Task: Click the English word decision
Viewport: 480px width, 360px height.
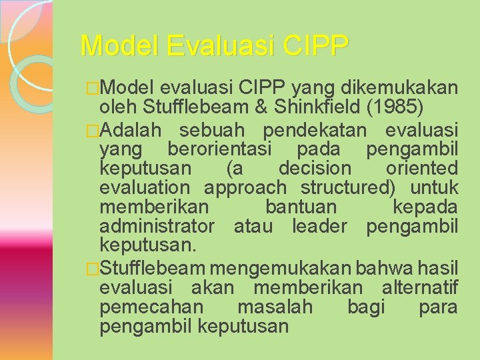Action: coord(314,168)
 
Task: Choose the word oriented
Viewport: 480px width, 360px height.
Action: coord(424,168)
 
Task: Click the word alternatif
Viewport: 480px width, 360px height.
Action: coord(419,287)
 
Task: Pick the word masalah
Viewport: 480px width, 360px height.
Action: coord(275,307)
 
